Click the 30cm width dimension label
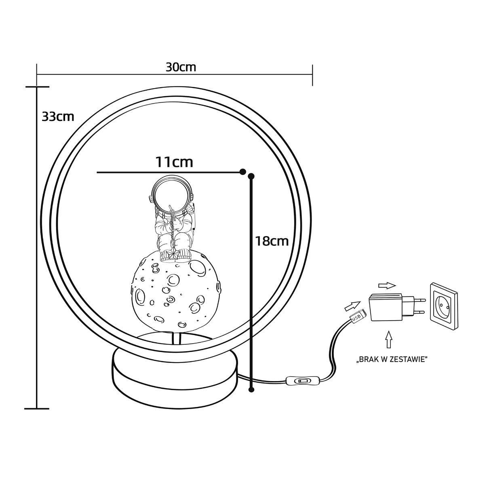point(181,67)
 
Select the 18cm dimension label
point(272,241)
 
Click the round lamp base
point(175,377)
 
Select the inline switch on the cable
point(301,381)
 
